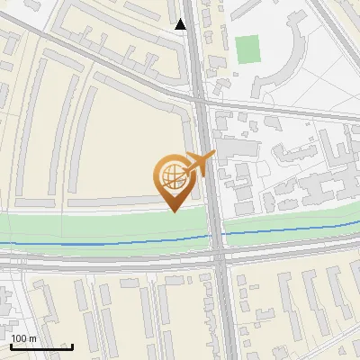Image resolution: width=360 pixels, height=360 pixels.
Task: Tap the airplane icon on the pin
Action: pyautogui.click(x=200, y=164)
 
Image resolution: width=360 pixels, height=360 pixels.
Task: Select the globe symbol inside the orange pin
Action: pyautogui.click(x=172, y=175)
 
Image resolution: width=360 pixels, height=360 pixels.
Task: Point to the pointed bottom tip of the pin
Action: pyautogui.click(x=173, y=211)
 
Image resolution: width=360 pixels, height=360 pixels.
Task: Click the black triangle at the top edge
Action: pyautogui.click(x=182, y=24)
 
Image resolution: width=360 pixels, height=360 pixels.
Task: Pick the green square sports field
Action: pyautogui.click(x=247, y=49)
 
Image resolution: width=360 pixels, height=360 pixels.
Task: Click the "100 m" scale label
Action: pyautogui.click(x=23, y=338)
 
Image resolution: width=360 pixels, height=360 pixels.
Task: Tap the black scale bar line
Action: pyautogui.click(x=40, y=346)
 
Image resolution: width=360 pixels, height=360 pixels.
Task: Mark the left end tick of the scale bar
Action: pyautogui.click(x=11, y=346)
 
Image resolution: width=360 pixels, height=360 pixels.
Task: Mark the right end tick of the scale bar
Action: pyautogui.click(x=72, y=346)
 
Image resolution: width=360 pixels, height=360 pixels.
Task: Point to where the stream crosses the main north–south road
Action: pyautogui.click(x=217, y=236)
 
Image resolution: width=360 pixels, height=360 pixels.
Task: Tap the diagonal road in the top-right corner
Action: pyautogui.click(x=337, y=36)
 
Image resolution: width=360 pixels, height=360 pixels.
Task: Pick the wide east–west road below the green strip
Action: pyautogui.click(x=108, y=261)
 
